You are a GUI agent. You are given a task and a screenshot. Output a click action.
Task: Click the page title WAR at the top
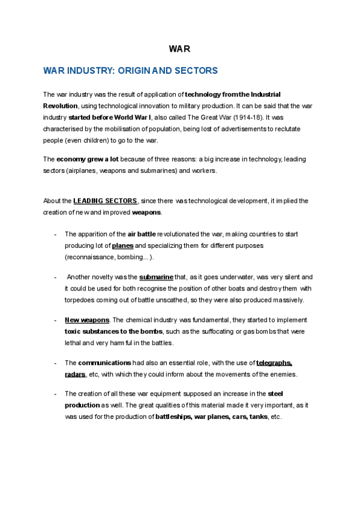179,49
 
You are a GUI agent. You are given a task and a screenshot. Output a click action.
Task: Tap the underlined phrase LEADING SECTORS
106,200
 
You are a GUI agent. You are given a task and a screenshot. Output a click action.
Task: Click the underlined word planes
122,245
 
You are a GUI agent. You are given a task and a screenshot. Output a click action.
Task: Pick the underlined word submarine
156,277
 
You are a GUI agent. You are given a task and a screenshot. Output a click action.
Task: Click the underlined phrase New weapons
87,320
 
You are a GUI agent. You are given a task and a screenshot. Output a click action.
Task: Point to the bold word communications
104,363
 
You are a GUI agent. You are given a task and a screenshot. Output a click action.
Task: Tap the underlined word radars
75,375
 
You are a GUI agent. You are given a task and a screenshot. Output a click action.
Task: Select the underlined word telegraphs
274,363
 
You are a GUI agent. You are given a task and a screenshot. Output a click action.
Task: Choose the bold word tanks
259,417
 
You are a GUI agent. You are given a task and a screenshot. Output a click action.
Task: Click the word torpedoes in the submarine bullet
83,300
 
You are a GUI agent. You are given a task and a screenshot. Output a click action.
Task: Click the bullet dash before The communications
55,363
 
